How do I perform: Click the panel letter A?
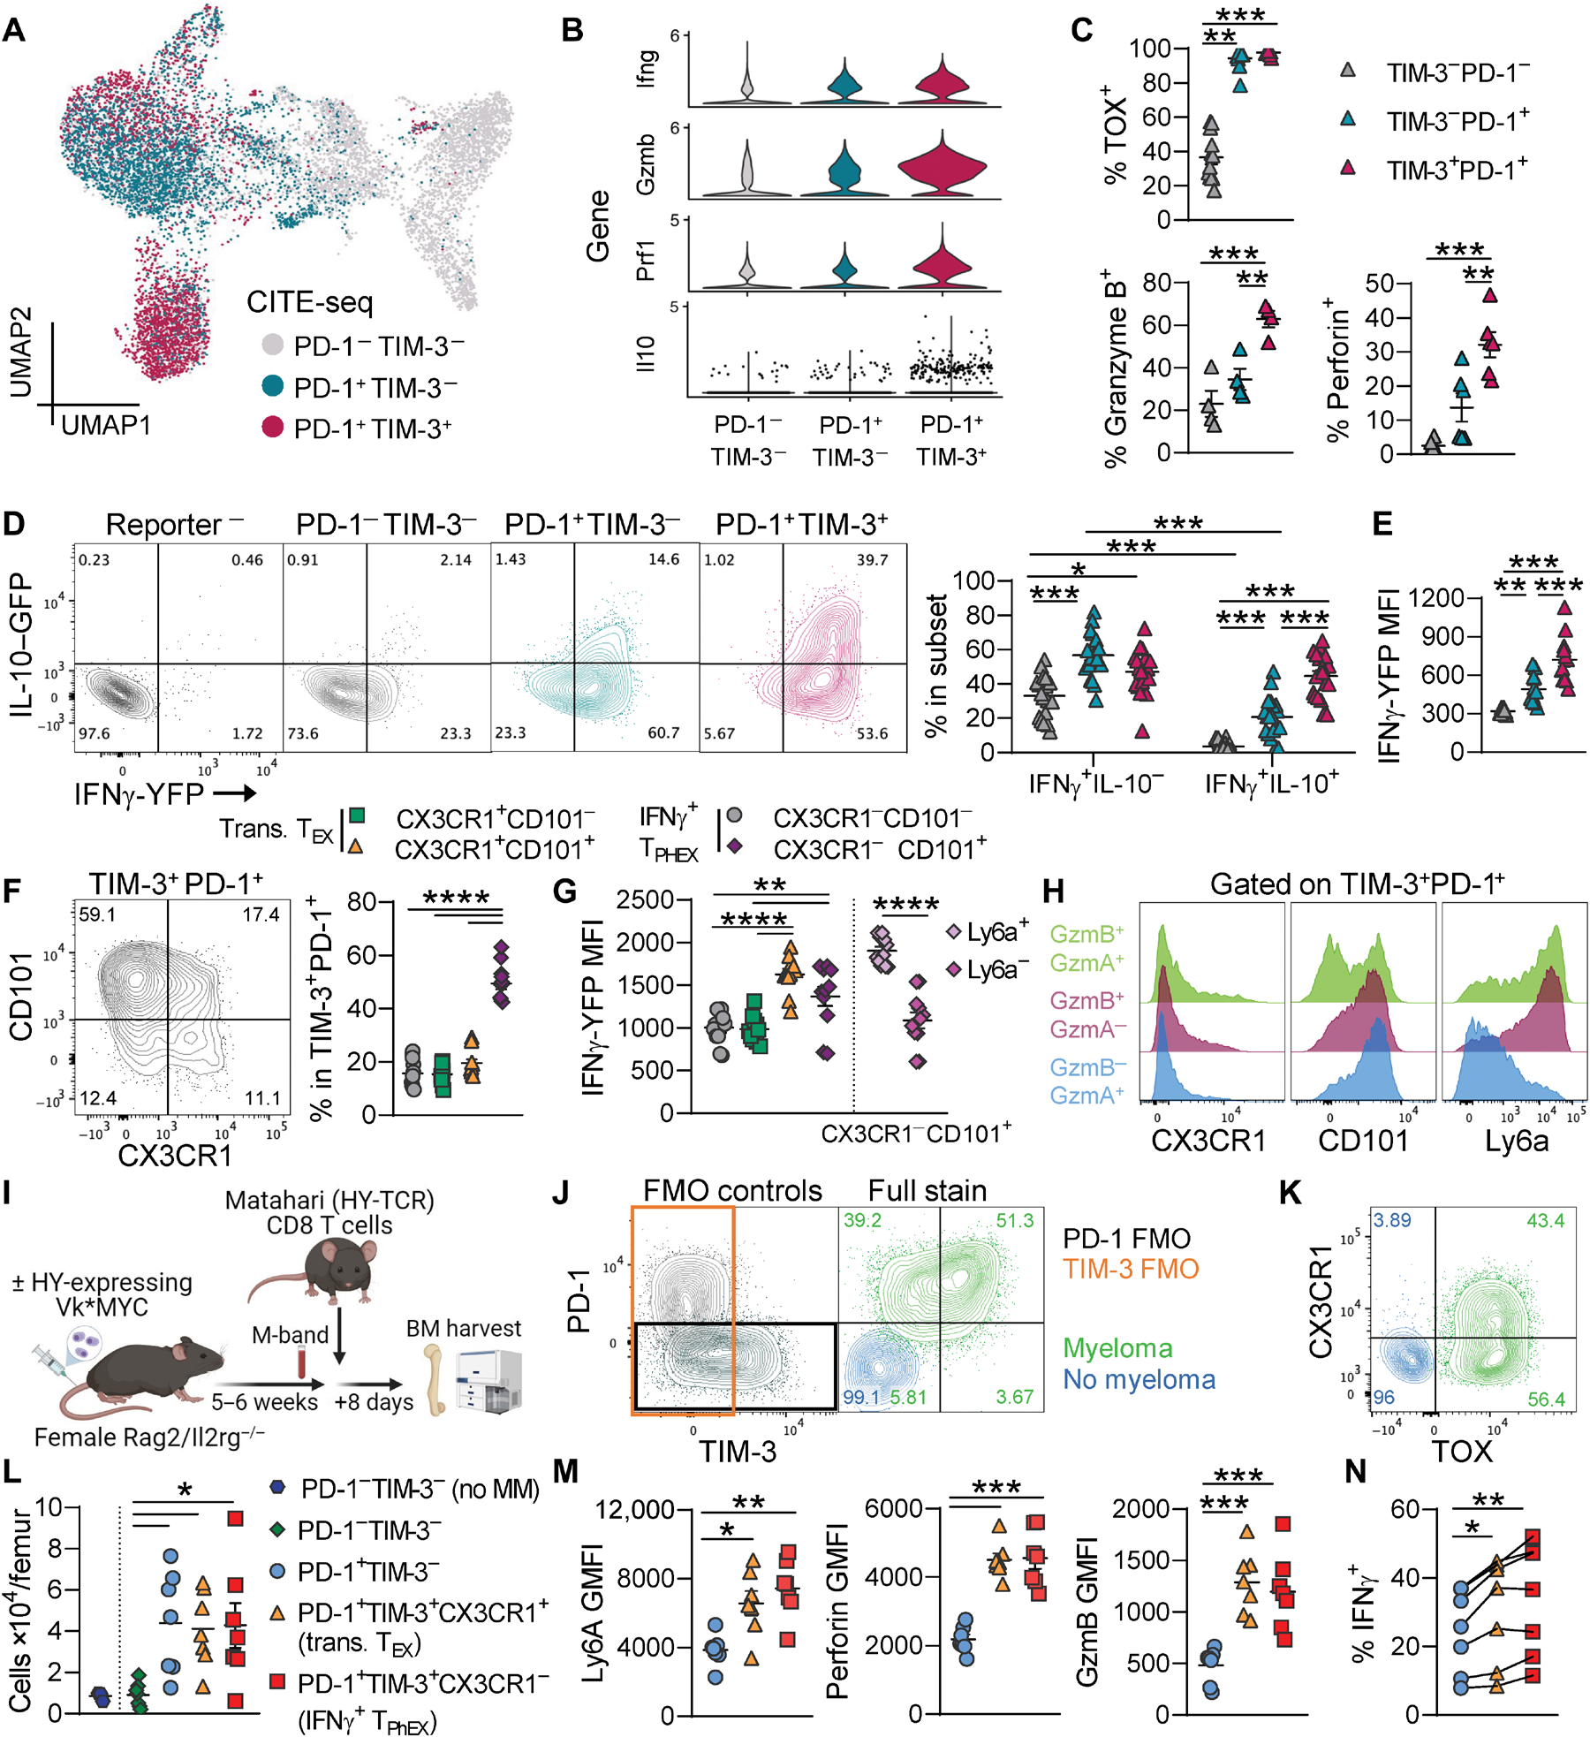point(14,30)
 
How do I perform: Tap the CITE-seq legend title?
point(309,302)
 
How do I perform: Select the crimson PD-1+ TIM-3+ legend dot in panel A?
point(273,428)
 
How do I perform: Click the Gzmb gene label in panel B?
point(646,164)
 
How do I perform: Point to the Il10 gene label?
point(646,353)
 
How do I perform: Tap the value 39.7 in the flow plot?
point(872,560)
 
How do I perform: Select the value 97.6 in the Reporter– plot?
point(95,733)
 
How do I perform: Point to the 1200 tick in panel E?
point(1435,598)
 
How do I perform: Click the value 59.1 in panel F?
point(97,914)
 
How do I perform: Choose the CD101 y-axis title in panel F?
point(21,996)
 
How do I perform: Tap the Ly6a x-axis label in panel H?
point(1516,1141)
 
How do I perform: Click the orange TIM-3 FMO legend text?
point(1131,1269)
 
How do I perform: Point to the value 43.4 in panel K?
point(1545,1220)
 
